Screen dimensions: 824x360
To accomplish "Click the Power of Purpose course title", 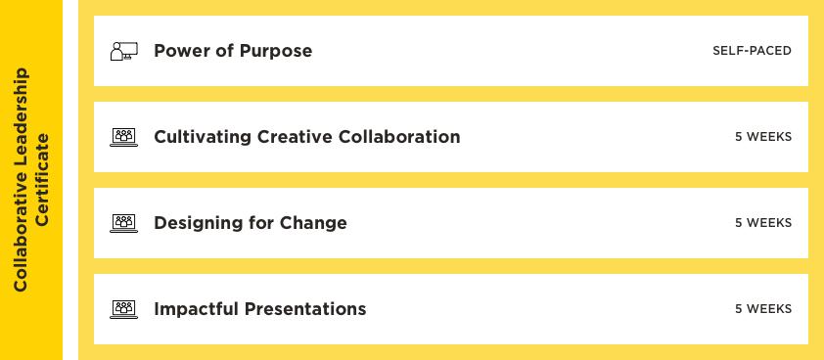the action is (233, 51).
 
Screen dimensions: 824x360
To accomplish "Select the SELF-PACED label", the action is (752, 51).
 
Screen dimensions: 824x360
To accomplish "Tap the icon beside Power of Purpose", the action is (124, 51).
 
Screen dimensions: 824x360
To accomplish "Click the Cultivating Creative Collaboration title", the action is (307, 137).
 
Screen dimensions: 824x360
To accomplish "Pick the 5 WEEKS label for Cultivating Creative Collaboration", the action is (763, 137).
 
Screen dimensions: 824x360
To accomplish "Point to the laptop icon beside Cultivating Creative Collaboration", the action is (124, 137).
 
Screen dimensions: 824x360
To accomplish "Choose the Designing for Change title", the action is (251, 223).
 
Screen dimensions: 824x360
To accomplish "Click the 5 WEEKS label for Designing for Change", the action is (763, 223).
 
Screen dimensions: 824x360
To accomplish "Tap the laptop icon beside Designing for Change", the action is (124, 223).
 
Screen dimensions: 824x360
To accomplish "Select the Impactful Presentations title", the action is (260, 309).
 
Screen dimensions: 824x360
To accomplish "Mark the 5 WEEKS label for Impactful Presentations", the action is (763, 309).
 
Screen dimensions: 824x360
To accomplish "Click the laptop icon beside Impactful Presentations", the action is (124, 309).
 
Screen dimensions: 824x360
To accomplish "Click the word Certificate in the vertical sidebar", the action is (42, 180).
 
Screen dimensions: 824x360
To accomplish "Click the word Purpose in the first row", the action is (276, 51).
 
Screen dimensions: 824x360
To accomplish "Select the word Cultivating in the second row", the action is (203, 137).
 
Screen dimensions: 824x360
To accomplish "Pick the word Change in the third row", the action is (313, 223).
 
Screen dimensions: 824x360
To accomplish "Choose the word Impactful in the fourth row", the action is (196, 309).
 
